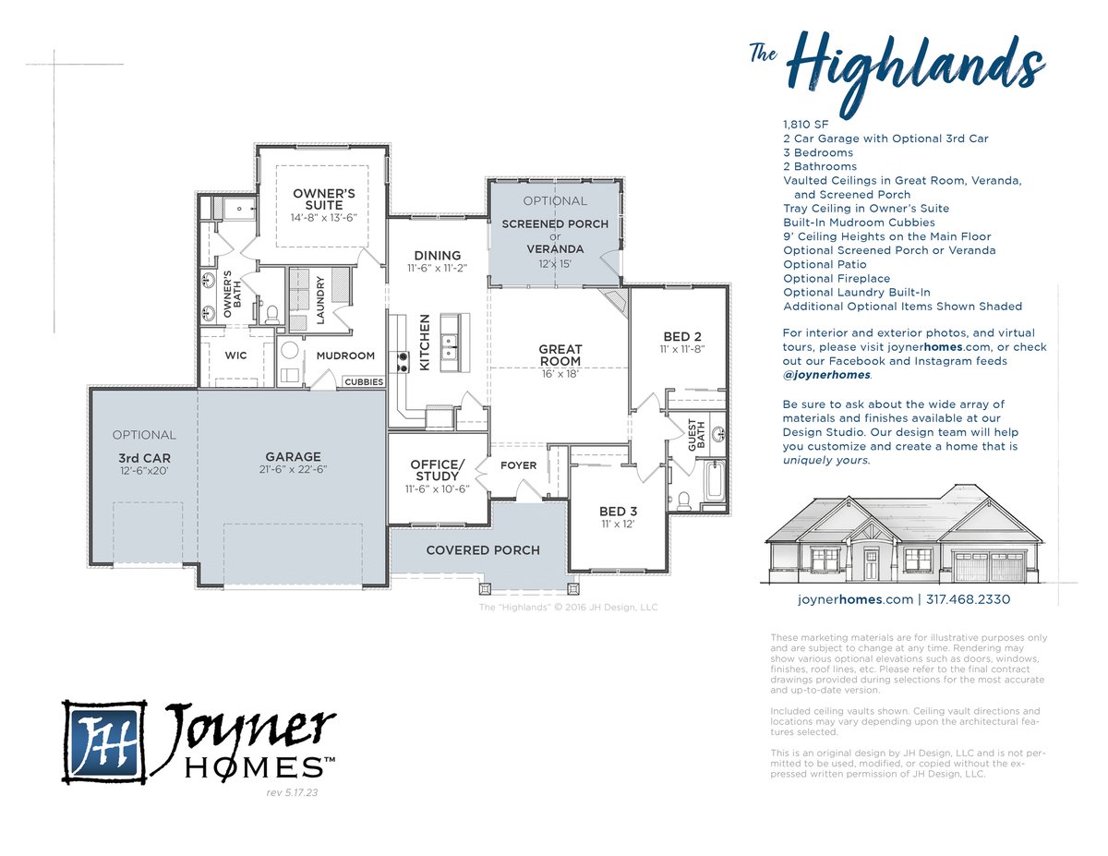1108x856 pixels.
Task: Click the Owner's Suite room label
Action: [x=324, y=199]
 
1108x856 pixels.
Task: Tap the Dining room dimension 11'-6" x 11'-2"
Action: [x=437, y=268]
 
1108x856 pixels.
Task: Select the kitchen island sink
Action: [x=450, y=346]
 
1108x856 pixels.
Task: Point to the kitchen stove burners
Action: [x=403, y=362]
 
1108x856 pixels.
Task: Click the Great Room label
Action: [x=560, y=356]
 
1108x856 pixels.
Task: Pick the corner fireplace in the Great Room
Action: [x=614, y=303]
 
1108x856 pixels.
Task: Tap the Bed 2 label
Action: [x=682, y=336]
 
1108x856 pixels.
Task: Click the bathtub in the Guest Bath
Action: [x=714, y=480]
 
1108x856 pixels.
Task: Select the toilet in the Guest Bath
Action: [x=684, y=500]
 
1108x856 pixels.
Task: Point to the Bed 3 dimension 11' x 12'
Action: [x=618, y=524]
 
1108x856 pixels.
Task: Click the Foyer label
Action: [x=518, y=465]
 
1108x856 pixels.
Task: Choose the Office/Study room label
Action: [x=438, y=470]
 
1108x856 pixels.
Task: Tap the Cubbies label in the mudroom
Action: [x=364, y=382]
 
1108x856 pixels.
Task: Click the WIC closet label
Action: [x=235, y=356]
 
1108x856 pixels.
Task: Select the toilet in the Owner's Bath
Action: [x=272, y=315]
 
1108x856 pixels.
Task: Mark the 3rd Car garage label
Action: [x=144, y=458]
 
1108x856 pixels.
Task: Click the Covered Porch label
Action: [x=483, y=550]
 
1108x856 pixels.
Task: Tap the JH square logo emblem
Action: [x=104, y=741]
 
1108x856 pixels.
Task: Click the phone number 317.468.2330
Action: [x=968, y=599]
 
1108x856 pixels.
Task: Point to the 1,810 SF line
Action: [x=806, y=125]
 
